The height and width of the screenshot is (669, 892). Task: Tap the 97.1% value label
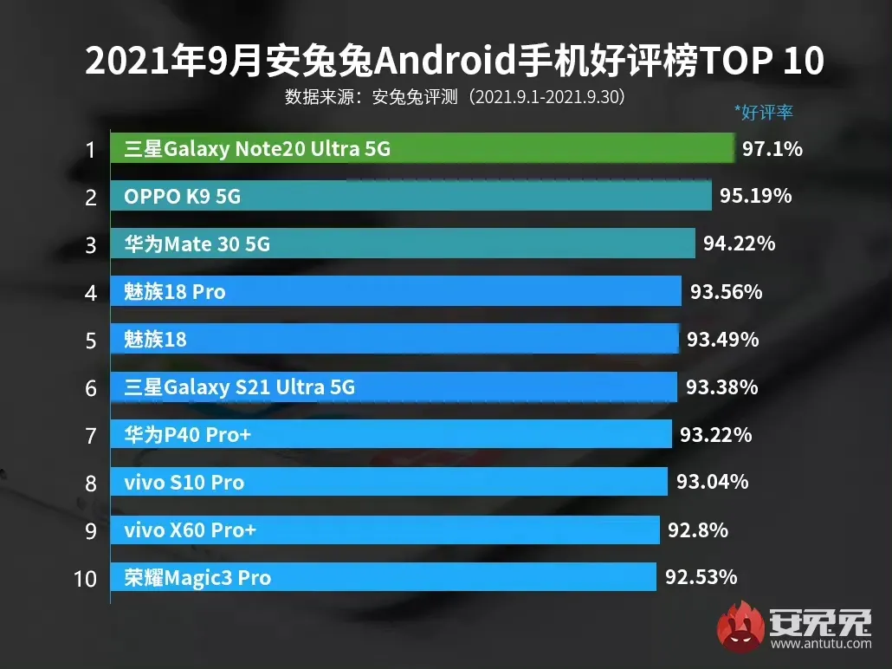[x=772, y=149]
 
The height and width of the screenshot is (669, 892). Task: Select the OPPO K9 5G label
[x=182, y=197]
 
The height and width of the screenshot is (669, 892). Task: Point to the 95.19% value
[x=756, y=197]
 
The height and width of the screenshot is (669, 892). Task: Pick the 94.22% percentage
[x=739, y=244]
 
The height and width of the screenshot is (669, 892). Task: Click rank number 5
[x=91, y=340]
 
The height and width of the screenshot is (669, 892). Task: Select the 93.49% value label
[x=722, y=340]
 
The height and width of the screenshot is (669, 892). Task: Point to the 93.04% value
[x=712, y=482]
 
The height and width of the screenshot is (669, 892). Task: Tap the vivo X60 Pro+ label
[x=190, y=529]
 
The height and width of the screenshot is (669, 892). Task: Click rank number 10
[x=85, y=578]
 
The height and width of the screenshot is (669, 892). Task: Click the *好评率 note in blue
[x=763, y=112]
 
